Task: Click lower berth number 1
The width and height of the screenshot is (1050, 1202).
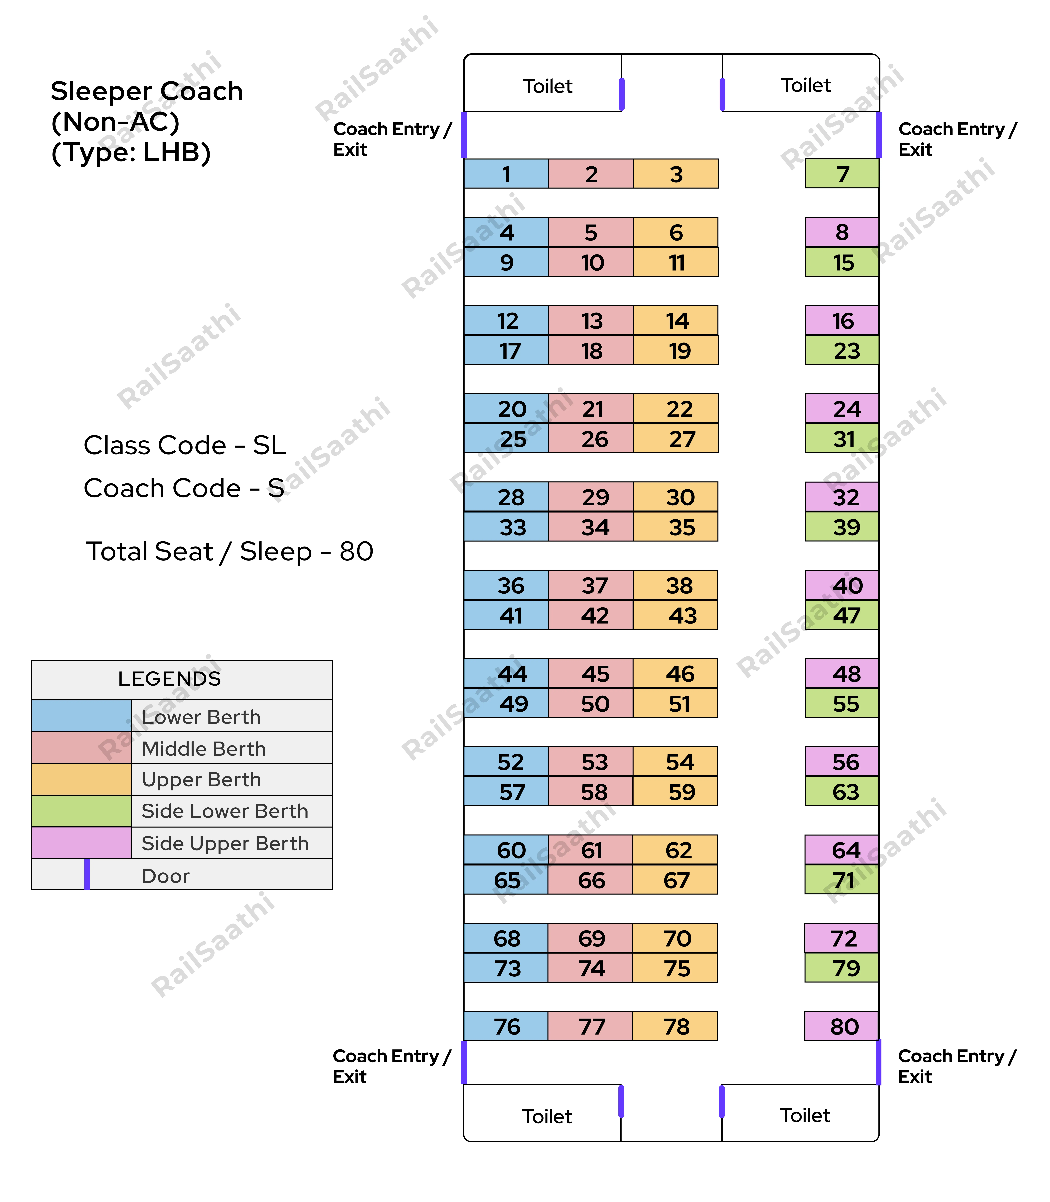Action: point(506,173)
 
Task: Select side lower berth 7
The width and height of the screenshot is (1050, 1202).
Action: point(842,173)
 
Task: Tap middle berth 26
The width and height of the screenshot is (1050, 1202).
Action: point(591,438)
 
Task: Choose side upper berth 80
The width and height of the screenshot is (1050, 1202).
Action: point(841,1026)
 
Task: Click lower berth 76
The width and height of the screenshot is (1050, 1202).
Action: point(506,1026)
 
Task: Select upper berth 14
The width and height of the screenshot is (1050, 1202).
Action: point(676,320)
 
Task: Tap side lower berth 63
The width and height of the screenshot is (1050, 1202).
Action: point(841,791)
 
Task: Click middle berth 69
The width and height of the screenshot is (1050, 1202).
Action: point(590,938)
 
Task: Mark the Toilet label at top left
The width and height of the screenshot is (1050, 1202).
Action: point(547,86)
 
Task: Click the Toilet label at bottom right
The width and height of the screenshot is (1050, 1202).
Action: point(805,1115)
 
